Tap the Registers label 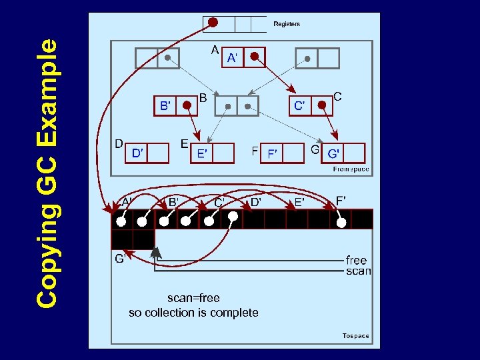pyautogui.click(x=287, y=24)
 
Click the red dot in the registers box pyautogui.click(x=213, y=22)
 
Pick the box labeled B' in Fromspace pyautogui.click(x=165, y=105)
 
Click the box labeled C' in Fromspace pyautogui.click(x=300, y=105)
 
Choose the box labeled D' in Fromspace pyautogui.click(x=137, y=153)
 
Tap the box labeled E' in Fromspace pyautogui.click(x=201, y=154)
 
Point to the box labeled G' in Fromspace pyautogui.click(x=333, y=153)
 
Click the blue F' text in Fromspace pyautogui.click(x=272, y=154)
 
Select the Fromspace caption pyautogui.click(x=351, y=169)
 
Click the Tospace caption pyautogui.click(x=355, y=335)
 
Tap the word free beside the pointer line pyautogui.click(x=357, y=260)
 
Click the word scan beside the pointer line pyautogui.click(x=358, y=271)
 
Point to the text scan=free pyautogui.click(x=193, y=298)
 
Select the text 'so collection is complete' pyautogui.click(x=193, y=313)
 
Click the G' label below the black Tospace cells pyautogui.click(x=120, y=259)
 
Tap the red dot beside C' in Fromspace pyautogui.click(x=322, y=105)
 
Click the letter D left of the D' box pyautogui.click(x=119, y=143)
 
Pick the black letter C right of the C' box pyautogui.click(x=337, y=97)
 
